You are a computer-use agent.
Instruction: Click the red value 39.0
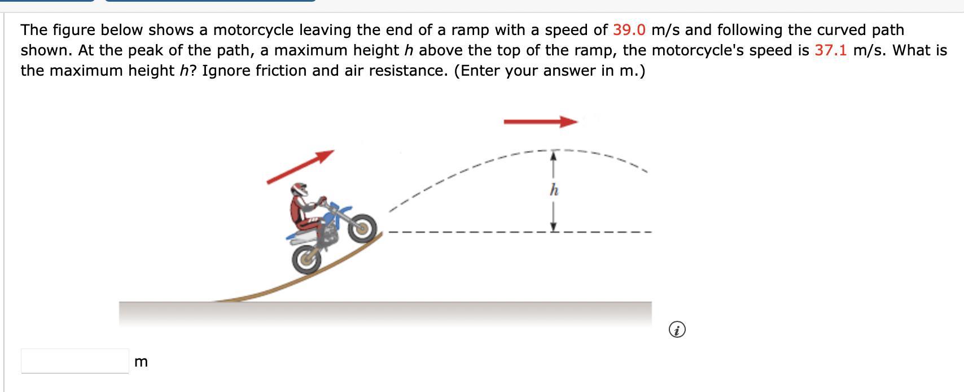(629, 30)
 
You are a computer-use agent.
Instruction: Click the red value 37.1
(831, 50)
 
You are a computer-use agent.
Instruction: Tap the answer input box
(75, 361)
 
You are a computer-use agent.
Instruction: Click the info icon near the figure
(677, 329)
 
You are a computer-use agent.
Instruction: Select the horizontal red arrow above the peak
(541, 122)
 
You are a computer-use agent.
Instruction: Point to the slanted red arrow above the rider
(300, 167)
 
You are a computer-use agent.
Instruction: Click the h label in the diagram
(554, 190)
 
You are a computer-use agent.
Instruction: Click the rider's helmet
(299, 189)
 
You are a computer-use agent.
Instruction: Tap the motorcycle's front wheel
(362, 228)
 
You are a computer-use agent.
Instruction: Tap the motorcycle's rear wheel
(306, 259)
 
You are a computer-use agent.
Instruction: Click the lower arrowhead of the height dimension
(554, 227)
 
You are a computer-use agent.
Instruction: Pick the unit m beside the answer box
(141, 361)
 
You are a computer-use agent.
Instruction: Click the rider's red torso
(297, 209)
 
